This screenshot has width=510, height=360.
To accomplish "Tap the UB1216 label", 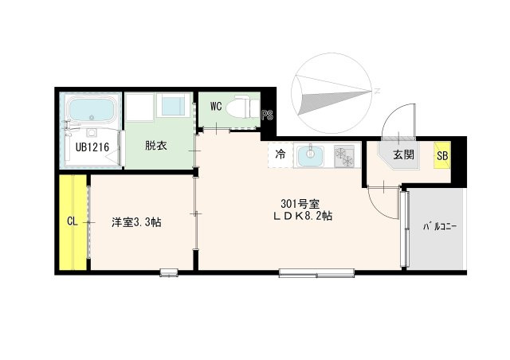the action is click(x=92, y=147).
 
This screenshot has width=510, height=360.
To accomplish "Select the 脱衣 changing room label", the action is click(x=156, y=146).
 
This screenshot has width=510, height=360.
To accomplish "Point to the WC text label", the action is click(x=216, y=106).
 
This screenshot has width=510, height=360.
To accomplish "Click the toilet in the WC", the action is click(x=241, y=107).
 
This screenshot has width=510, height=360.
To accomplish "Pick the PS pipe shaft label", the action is click(x=268, y=115).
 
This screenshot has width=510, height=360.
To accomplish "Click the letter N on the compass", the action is click(x=377, y=91).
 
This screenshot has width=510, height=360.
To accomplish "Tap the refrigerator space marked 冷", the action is click(x=280, y=155).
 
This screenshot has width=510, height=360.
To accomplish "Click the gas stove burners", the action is click(x=344, y=156).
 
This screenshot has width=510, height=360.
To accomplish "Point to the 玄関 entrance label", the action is click(x=404, y=155).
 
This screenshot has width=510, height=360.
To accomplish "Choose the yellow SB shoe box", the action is click(x=442, y=155).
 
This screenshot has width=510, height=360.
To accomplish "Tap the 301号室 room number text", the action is click(x=300, y=204).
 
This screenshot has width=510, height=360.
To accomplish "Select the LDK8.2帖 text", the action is click(x=303, y=216).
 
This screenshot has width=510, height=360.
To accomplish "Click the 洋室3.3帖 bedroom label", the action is click(x=136, y=222).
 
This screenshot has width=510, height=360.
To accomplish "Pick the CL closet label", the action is click(x=73, y=221).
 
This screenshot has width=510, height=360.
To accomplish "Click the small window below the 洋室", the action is click(x=169, y=272).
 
